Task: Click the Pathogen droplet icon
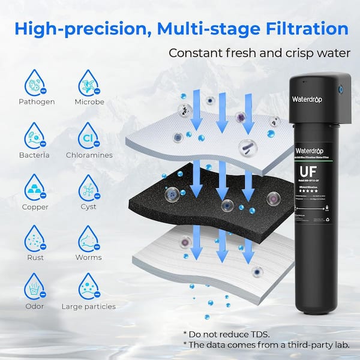tap(36, 82)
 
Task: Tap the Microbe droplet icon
tap(89, 82)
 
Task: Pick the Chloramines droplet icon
tap(89, 136)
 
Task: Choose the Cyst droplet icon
tap(89, 187)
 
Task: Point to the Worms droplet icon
tap(89, 238)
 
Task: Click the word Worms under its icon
tap(88, 257)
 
